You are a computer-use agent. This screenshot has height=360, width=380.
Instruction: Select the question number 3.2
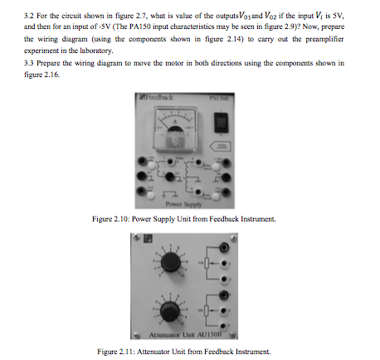[x=30, y=12]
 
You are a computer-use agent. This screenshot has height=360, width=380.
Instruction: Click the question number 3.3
[x=30, y=62]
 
